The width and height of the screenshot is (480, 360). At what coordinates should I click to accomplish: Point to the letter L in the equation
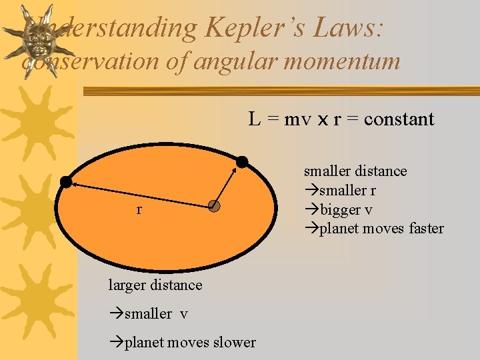254,119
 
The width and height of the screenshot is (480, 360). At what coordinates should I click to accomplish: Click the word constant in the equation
399,119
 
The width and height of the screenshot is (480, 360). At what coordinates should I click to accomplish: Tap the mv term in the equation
293,120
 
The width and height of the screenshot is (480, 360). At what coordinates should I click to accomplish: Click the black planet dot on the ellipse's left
66,181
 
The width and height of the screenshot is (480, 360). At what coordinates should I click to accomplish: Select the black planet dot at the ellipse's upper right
242,161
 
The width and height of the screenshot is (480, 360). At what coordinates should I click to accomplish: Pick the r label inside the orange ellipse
139,210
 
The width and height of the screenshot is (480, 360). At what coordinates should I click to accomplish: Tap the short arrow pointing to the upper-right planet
226,185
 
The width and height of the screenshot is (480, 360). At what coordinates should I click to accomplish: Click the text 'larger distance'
155,285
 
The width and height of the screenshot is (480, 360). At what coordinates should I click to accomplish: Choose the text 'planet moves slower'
183,342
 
